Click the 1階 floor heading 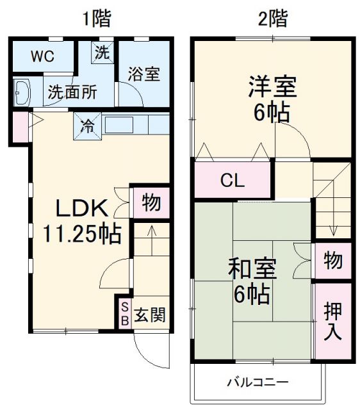(96, 18)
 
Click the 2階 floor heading (272, 18)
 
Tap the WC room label (43, 56)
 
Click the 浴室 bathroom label (143, 73)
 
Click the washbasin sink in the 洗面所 (23, 94)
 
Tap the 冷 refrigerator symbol (87, 124)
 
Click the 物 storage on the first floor (151, 203)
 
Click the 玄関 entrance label (151, 315)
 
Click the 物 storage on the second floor (332, 261)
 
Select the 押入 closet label (332, 320)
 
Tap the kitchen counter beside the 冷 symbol (125, 124)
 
